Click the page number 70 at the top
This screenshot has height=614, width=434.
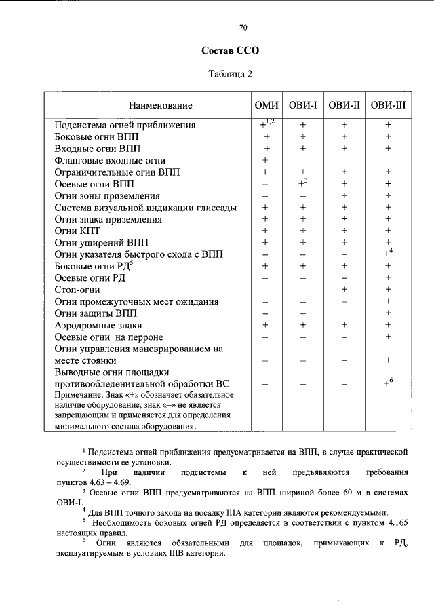tap(244, 28)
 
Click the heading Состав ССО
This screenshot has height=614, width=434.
tap(231, 51)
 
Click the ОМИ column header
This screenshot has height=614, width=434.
tap(267, 105)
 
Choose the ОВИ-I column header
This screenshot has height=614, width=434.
tap(304, 105)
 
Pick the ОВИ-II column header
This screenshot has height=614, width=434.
tap(344, 105)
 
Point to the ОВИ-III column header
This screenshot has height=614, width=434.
tap(389, 105)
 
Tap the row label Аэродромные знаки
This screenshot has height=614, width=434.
tap(99, 325)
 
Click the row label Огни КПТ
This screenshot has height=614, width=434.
tap(77, 231)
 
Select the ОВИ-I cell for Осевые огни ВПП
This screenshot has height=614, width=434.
tap(304, 183)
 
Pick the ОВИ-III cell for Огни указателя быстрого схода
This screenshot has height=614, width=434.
tap(389, 254)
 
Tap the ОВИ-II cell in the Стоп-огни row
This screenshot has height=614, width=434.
tap(344, 290)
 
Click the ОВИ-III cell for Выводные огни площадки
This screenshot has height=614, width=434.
tap(389, 383)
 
